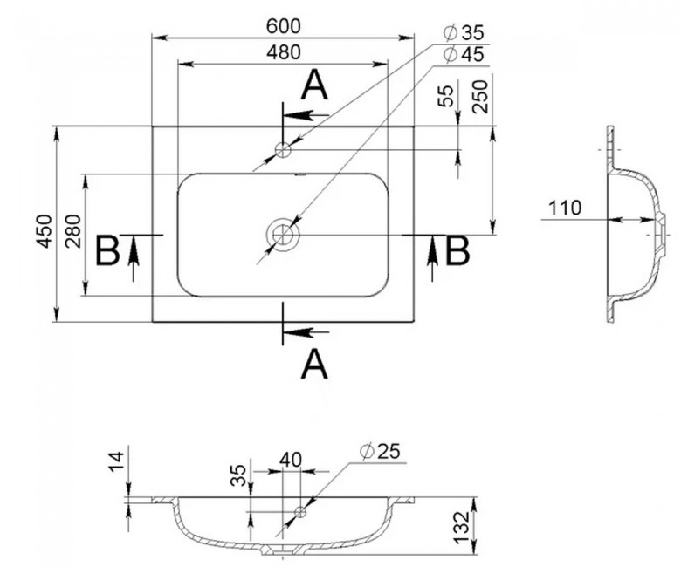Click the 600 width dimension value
pyautogui.click(x=283, y=26)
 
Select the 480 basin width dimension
pyautogui.click(x=283, y=52)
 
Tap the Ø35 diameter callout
pyautogui.click(x=464, y=33)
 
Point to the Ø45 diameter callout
pyautogui.click(x=464, y=55)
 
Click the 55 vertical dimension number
pyautogui.click(x=446, y=96)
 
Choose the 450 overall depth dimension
pyautogui.click(x=45, y=231)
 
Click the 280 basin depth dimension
pyautogui.click(x=73, y=231)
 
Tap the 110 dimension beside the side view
pyautogui.click(x=565, y=208)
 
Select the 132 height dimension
pyautogui.click(x=461, y=527)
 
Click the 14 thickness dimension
pyautogui.click(x=116, y=461)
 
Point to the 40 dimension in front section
pyautogui.click(x=290, y=460)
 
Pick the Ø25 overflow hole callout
pyautogui.click(x=380, y=452)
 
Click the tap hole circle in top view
pyautogui.click(x=283, y=150)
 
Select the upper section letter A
pyautogui.click(x=314, y=85)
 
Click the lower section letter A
pyautogui.click(x=314, y=365)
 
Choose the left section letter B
pyautogui.click(x=107, y=249)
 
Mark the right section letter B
pyautogui.click(x=457, y=249)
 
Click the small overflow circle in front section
pyautogui.click(x=300, y=512)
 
